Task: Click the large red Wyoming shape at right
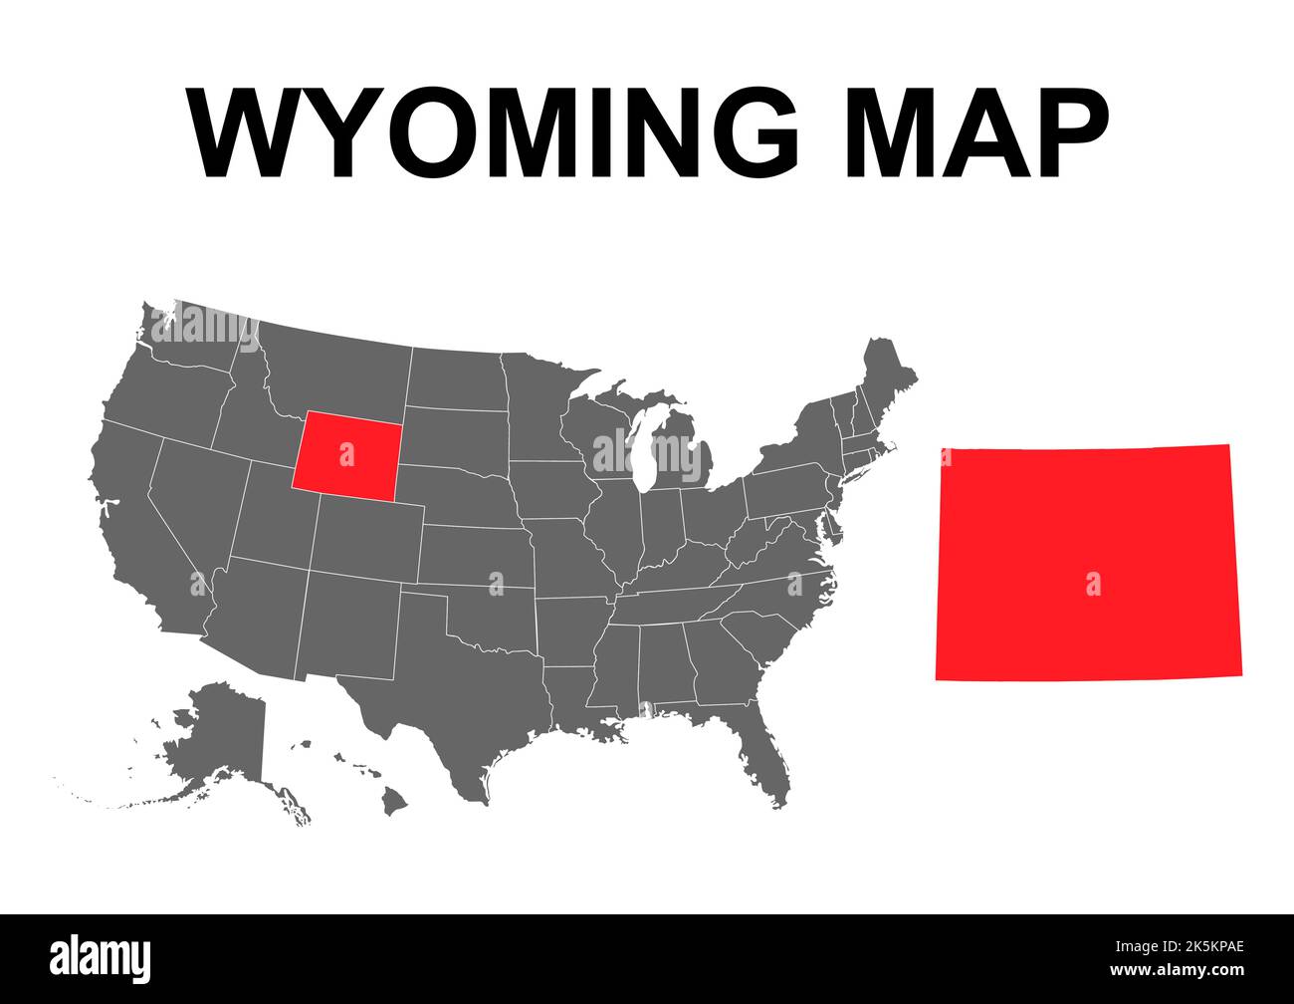pos(1088,563)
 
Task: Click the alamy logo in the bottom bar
pos(101,958)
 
